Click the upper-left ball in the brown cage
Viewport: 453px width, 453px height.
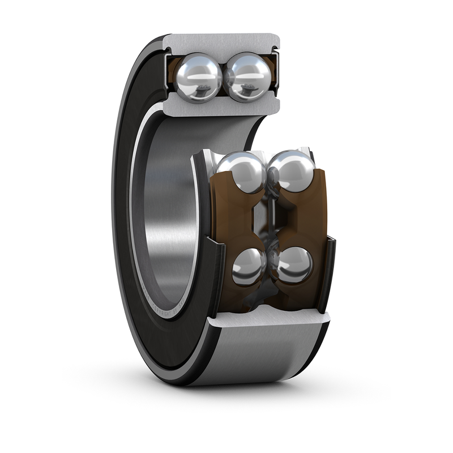(x=240, y=173)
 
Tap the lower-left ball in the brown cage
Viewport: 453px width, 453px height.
(x=249, y=266)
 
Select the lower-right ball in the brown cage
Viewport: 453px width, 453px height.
(x=294, y=265)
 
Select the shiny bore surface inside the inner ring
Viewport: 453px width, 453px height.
(x=164, y=215)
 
